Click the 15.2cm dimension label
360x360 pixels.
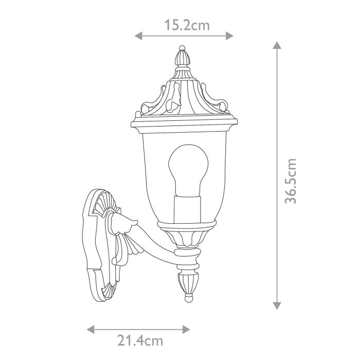coord(187,24)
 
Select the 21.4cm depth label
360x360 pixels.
coord(139,340)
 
